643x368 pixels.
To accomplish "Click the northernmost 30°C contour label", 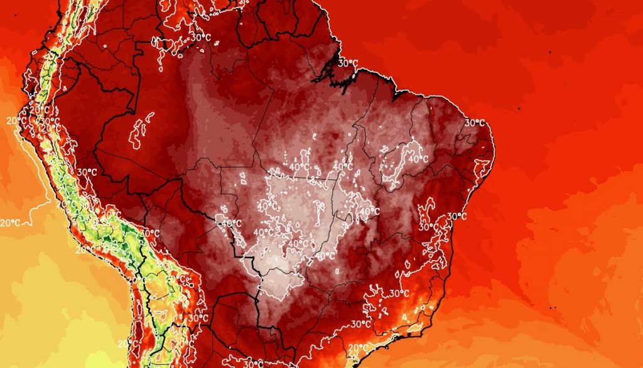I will [x=201, y=37].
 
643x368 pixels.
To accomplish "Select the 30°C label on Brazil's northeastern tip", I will [x=475, y=122].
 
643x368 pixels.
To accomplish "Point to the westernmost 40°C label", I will [x=232, y=223].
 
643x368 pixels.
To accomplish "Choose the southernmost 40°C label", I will [x=325, y=256].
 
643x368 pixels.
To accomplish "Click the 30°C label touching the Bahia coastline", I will [x=457, y=217].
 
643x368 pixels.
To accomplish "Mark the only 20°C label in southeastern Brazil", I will [x=358, y=347].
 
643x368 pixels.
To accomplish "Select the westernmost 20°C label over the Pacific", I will [x=9, y=223].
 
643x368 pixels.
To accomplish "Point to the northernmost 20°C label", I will [x=17, y=120].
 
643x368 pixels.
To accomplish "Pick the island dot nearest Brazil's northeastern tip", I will [x=520, y=109].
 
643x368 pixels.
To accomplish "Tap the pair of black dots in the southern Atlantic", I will [x=553, y=308].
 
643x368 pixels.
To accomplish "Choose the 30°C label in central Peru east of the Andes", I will [x=87, y=172].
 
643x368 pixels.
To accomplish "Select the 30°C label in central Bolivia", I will [x=151, y=233].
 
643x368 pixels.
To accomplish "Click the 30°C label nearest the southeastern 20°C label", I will [x=361, y=324].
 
